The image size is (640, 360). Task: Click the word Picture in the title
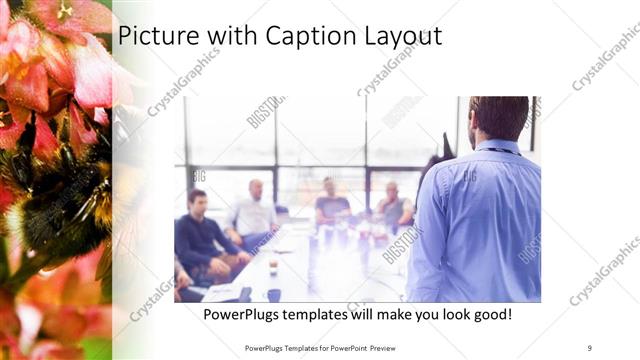tap(153, 36)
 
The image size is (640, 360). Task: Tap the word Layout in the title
tap(400, 36)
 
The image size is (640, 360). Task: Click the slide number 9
tap(590, 347)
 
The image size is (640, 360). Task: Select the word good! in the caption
tap(487, 315)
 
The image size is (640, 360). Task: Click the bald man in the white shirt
tap(255, 211)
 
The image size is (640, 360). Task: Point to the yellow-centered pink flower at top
tap(66, 11)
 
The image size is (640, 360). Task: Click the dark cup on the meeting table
tap(273, 294)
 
